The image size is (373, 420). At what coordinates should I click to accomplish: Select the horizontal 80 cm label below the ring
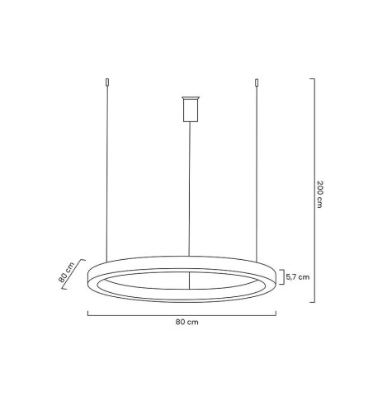187,322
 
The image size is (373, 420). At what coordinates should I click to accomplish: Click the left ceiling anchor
106,83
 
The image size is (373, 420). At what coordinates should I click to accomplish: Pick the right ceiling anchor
257,83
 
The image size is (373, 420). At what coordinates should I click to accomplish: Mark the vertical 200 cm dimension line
312,190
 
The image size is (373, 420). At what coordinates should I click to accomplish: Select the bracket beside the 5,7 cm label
283,277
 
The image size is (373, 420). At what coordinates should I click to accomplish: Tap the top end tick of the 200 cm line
311,79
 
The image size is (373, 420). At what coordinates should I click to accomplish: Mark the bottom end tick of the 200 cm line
311,302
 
